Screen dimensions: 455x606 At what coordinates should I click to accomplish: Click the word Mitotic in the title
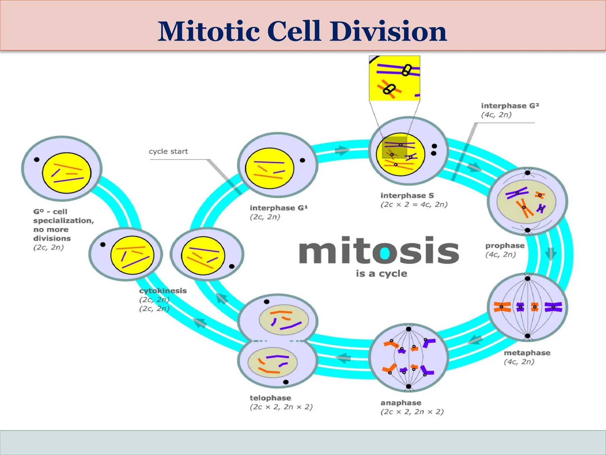click(209, 32)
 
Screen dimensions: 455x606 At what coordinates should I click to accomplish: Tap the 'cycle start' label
click(168, 151)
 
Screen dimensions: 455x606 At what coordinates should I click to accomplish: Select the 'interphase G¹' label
click(278, 208)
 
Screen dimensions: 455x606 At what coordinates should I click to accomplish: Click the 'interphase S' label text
click(407, 196)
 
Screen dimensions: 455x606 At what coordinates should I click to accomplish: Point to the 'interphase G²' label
click(510, 106)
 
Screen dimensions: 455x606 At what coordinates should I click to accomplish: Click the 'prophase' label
click(505, 246)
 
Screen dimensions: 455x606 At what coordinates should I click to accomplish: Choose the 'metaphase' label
click(527, 353)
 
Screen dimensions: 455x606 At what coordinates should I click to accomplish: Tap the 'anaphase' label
click(401, 403)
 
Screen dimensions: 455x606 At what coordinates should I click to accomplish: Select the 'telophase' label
click(270, 398)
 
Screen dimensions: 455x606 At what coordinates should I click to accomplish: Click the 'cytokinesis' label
click(163, 291)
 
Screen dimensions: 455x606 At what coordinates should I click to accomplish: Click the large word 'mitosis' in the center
click(379, 251)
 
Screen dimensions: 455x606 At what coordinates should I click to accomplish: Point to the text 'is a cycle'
click(381, 273)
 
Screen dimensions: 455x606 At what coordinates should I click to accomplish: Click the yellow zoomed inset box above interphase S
click(394, 78)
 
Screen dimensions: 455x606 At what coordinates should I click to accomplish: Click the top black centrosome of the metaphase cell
click(527, 278)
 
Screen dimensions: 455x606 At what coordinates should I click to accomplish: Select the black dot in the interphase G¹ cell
click(302, 160)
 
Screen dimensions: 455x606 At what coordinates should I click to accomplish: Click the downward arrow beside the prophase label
click(551, 254)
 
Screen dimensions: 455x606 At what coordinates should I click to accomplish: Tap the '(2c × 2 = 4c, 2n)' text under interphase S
click(414, 205)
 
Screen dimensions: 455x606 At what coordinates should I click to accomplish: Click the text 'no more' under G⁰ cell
click(51, 230)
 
